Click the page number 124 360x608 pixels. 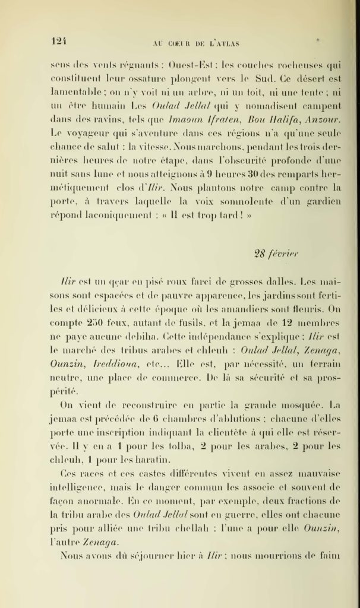pos(57,41)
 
